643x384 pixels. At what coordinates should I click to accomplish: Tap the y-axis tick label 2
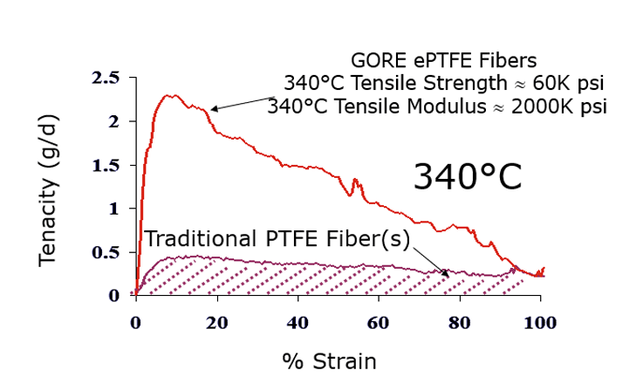coord(113,121)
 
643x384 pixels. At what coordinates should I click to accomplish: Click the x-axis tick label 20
coord(217,321)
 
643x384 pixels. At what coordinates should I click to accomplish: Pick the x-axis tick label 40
coord(298,321)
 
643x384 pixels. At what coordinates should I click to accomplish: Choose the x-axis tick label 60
coord(379,321)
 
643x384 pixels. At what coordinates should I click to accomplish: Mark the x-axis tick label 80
coord(460,321)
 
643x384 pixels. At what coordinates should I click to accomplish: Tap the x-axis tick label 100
coord(540,321)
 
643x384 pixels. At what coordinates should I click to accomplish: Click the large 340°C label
coord(468,177)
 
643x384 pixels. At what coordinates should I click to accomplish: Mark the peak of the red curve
coord(173,95)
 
